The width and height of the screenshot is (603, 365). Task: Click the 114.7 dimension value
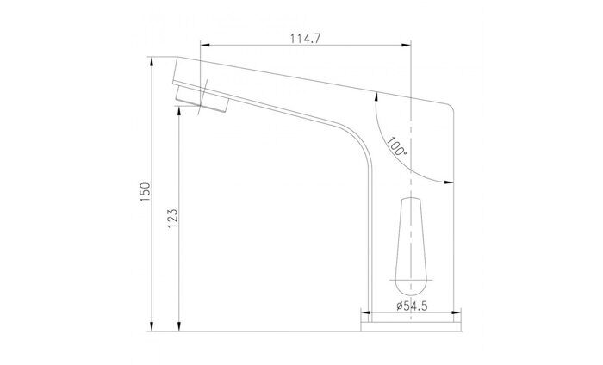[305, 39]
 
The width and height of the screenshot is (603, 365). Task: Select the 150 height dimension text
[145, 192]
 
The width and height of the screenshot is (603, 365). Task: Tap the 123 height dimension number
[172, 219]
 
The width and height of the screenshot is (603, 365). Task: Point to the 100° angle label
[396, 146]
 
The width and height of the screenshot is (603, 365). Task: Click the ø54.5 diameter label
[412, 306]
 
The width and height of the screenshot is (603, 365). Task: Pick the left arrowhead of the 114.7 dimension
[205, 45]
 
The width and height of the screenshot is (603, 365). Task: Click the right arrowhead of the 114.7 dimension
[407, 45]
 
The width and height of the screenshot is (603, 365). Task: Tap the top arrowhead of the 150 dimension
[152, 61]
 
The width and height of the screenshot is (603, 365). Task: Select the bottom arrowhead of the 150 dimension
[152, 326]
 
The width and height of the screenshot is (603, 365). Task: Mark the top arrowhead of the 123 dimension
[179, 111]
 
